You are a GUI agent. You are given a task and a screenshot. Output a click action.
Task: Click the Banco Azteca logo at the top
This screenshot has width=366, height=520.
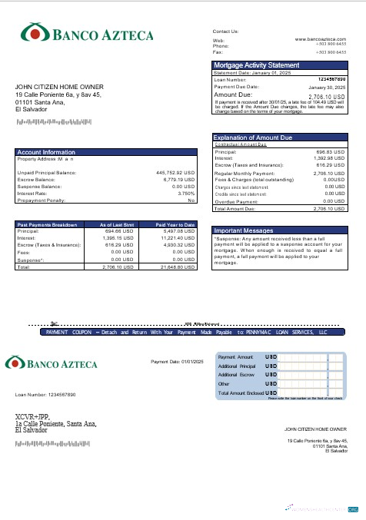[x=87, y=34]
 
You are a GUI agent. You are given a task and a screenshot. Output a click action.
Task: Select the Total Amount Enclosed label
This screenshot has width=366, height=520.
[x=241, y=392]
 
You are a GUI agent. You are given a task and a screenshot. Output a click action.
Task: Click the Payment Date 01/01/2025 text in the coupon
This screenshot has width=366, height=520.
[x=176, y=361]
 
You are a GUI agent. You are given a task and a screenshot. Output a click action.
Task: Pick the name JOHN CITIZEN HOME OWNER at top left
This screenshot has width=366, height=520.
[x=59, y=87]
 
